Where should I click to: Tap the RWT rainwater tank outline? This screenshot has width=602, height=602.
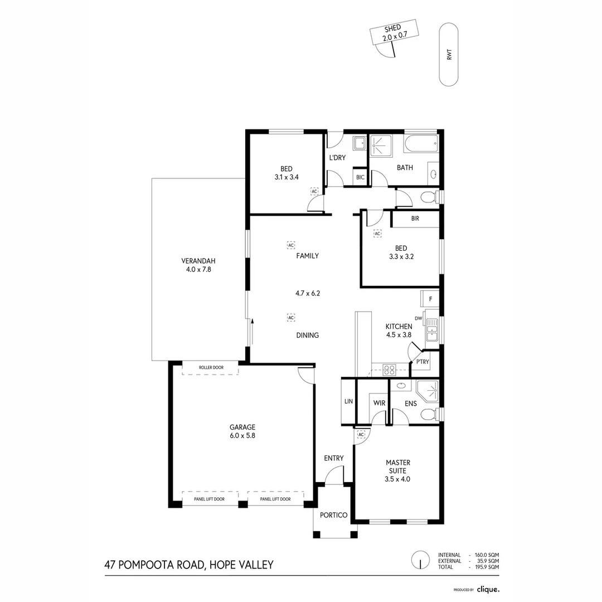(x=449, y=55)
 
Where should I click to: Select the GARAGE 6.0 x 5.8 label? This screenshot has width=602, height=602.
(x=241, y=432)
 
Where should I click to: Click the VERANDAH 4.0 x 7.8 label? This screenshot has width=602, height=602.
(x=198, y=265)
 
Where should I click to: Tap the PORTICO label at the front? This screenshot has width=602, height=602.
(x=334, y=515)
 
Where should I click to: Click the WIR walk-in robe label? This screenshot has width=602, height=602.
(x=379, y=402)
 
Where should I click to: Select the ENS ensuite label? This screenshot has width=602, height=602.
(x=411, y=402)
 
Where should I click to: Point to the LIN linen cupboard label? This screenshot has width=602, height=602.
(x=348, y=401)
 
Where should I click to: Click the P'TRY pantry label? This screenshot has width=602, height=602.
(x=422, y=362)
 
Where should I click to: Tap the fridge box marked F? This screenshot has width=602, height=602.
(x=430, y=299)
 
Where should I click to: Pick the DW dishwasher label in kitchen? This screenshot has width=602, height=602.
(x=418, y=319)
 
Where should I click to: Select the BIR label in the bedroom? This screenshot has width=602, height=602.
(x=415, y=219)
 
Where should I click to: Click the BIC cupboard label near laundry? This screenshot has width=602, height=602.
(x=360, y=177)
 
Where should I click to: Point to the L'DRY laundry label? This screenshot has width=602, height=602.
(x=337, y=158)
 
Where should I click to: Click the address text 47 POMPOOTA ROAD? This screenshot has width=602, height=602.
(x=188, y=565)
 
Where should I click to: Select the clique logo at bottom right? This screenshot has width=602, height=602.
(x=488, y=589)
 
